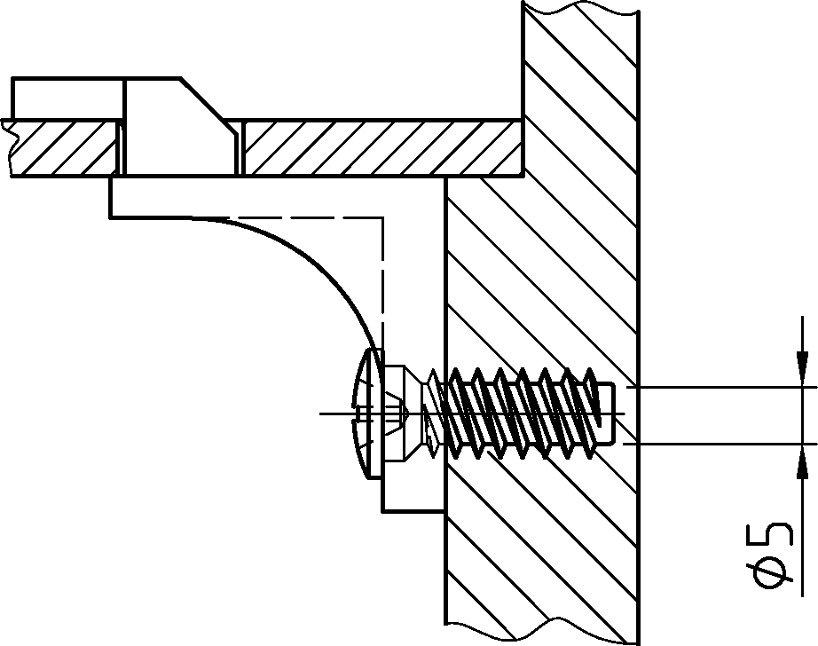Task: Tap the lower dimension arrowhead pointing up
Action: pos(802,461)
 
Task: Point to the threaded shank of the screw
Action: pos(522,414)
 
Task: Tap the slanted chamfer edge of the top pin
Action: pos(202,99)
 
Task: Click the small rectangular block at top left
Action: pos(67,99)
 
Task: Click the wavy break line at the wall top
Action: pos(580,10)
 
